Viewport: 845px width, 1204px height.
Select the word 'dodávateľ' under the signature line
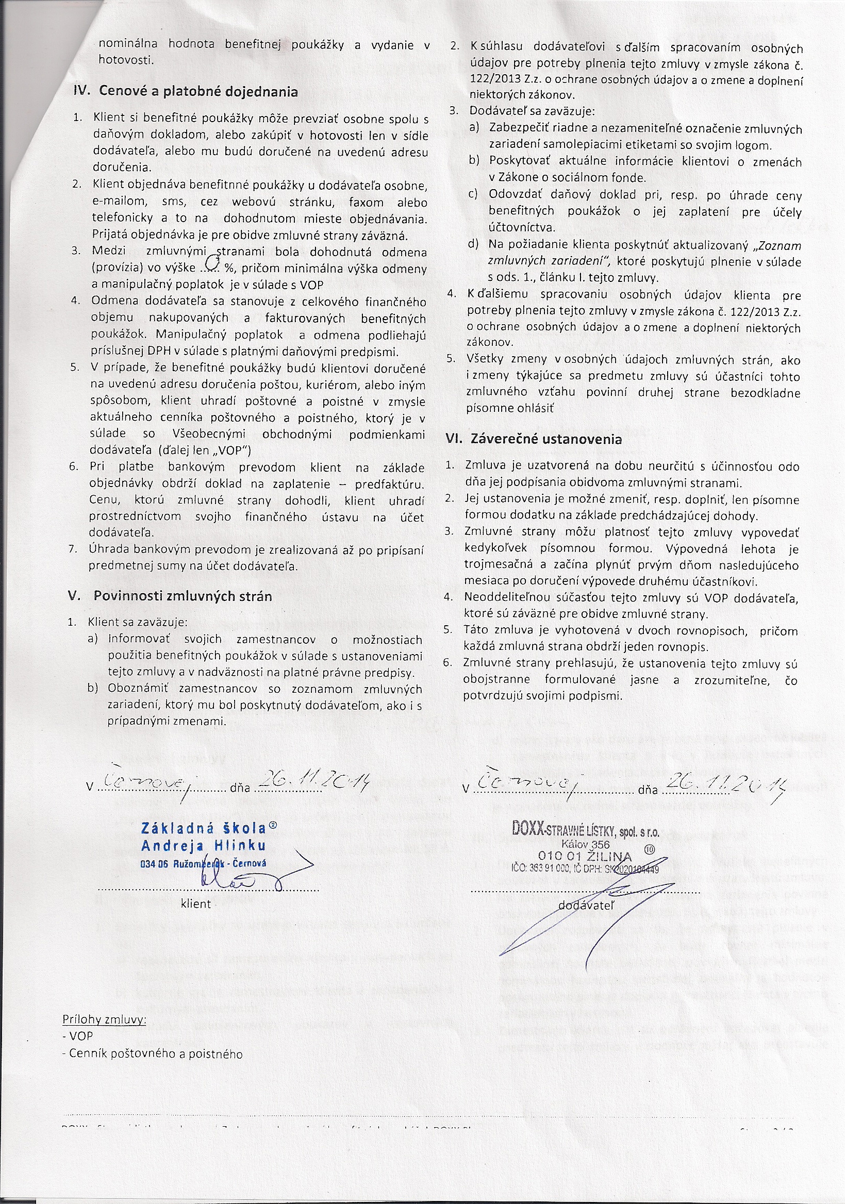[x=585, y=904]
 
